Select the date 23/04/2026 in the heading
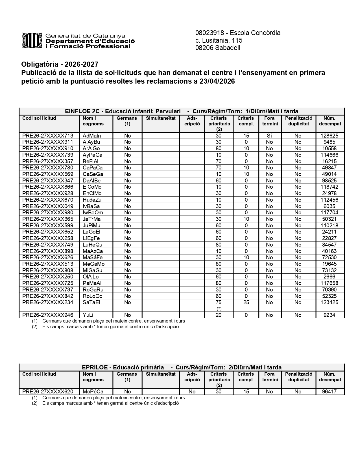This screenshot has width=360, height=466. [217, 81]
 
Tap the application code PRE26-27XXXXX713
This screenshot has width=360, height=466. [48, 136]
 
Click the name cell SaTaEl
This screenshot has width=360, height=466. [91, 302]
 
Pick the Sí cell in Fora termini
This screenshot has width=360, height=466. [269, 136]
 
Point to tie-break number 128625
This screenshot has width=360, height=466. [329, 136]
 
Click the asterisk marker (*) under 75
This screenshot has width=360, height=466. [219, 309]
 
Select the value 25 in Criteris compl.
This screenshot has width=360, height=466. [246, 302]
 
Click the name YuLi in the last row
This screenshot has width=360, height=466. [88, 315]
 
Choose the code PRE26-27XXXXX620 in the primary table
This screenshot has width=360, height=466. [48, 392]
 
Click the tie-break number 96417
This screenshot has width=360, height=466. [329, 392]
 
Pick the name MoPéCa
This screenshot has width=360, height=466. [93, 392]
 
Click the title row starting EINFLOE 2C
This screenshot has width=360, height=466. [182, 111]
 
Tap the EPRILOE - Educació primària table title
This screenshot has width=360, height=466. [182, 367]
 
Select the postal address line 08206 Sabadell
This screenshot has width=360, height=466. [218, 48]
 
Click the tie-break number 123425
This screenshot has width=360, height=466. [329, 302]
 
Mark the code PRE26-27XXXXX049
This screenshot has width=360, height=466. [48, 206]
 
